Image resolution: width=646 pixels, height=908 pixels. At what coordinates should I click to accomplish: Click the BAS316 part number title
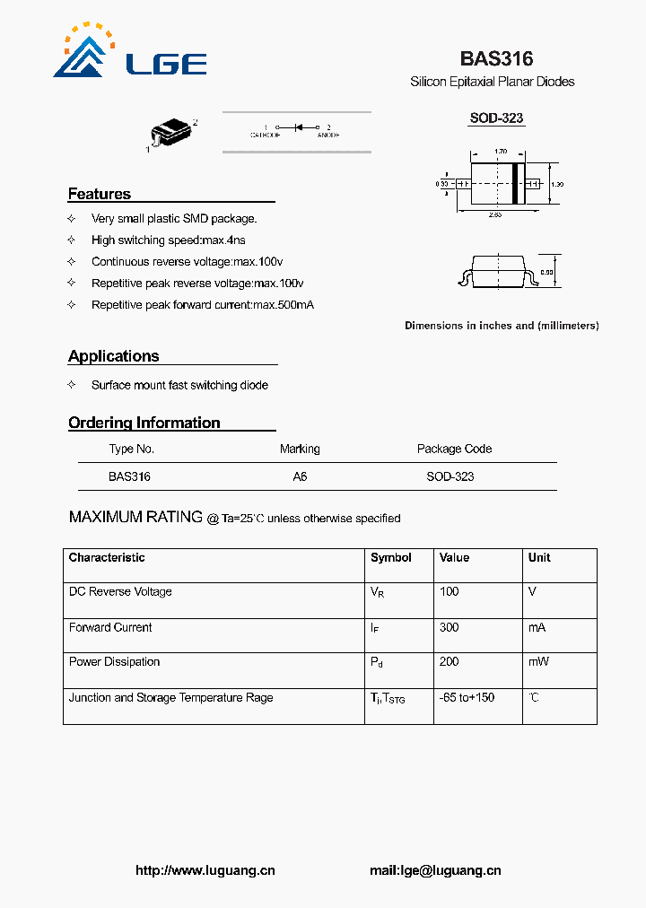click(x=496, y=59)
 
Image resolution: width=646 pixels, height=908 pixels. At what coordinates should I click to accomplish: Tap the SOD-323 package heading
click(x=496, y=118)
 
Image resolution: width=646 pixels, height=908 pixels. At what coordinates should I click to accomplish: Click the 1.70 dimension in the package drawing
click(x=501, y=152)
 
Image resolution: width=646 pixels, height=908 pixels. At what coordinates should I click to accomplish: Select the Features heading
click(x=100, y=194)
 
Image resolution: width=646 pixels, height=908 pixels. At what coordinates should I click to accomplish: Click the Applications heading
click(x=114, y=356)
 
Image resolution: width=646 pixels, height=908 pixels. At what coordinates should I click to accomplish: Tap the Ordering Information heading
click(x=144, y=423)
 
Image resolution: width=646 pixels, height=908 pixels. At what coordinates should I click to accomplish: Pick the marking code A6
click(x=300, y=477)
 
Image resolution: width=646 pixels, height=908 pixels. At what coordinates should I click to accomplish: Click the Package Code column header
click(x=454, y=449)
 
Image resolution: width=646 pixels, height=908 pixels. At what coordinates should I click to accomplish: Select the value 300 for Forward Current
click(x=450, y=627)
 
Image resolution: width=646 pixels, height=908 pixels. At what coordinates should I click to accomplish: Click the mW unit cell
click(x=538, y=661)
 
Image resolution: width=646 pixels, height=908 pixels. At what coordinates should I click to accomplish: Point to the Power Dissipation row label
click(x=115, y=661)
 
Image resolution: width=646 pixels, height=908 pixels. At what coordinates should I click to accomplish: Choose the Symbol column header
click(x=391, y=557)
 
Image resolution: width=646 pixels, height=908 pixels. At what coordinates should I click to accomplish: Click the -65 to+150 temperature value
click(x=467, y=697)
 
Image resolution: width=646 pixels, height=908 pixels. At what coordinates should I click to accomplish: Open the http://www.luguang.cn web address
click(x=205, y=870)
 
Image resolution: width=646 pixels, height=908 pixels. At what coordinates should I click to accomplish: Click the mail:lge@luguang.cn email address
click(x=435, y=870)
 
